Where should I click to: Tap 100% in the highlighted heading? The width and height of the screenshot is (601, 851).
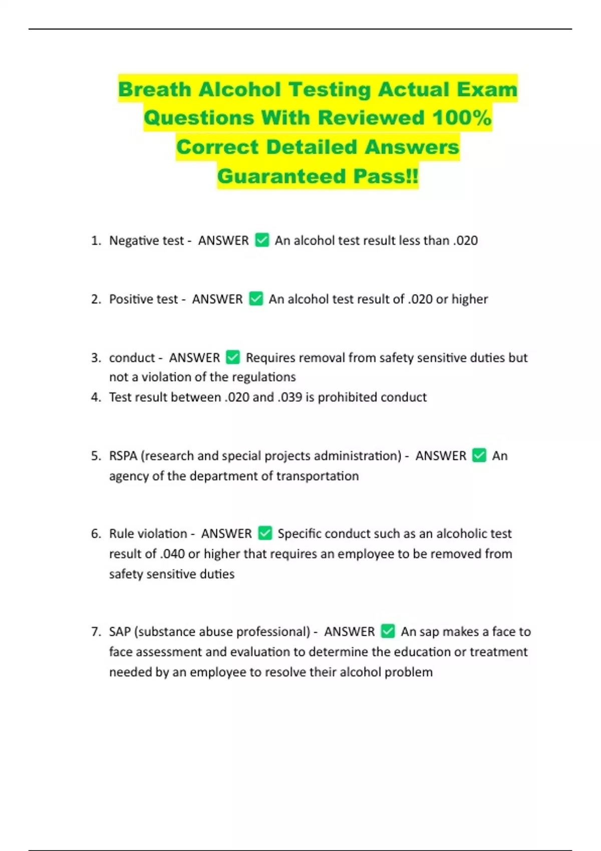pos(462,118)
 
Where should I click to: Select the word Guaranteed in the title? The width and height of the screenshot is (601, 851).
pos(282,176)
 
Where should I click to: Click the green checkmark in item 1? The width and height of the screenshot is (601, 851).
pos(262,240)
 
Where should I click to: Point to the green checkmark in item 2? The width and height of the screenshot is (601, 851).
pos(256,299)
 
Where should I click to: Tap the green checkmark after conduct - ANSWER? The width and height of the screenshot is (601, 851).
pos(233,357)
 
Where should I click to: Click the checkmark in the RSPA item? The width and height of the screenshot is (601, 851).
pos(479,456)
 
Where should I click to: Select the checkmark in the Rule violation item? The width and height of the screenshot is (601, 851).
pos(265,533)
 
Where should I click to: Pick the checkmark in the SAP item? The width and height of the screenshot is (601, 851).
pos(388,631)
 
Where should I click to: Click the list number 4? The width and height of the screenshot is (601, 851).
pos(95,397)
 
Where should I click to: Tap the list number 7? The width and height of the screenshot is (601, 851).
pos(95,631)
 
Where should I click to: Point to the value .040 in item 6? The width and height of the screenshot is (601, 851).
pos(172,554)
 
